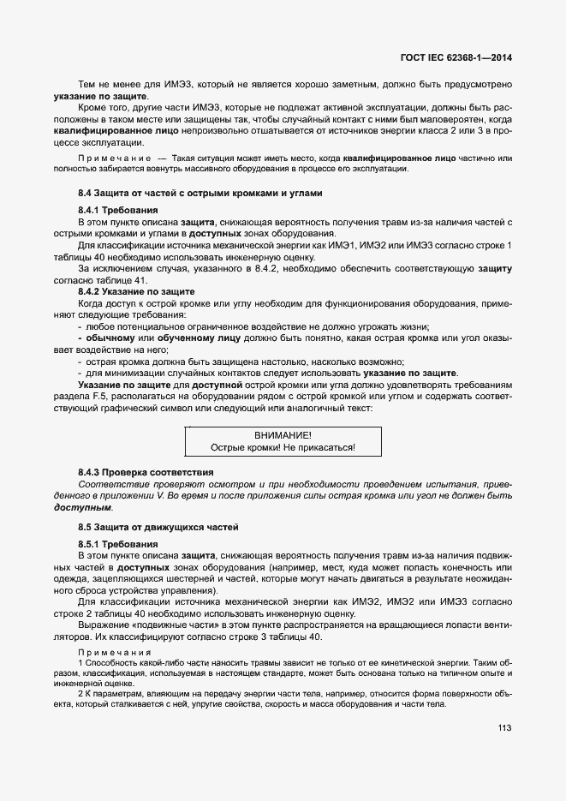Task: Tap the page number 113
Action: pyautogui.click(x=504, y=728)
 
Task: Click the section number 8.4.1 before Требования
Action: pyautogui.click(x=92, y=210)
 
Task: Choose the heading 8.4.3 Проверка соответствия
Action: pyautogui.click(x=146, y=472)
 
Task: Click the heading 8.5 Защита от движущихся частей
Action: pyautogui.click(x=158, y=525)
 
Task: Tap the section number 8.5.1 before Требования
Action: pyautogui.click(x=92, y=544)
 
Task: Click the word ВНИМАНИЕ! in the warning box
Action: pyautogui.click(x=283, y=435)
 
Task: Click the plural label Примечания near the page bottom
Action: pyautogui.click(x=114, y=654)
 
